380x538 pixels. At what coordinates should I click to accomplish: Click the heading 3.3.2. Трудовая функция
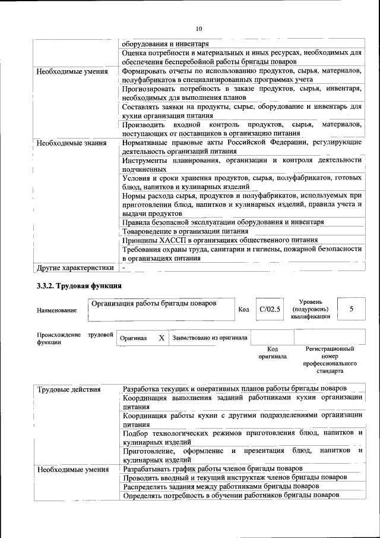pyautogui.click(x=80, y=286)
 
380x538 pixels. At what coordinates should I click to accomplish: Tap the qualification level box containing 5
pyautogui.click(x=351, y=309)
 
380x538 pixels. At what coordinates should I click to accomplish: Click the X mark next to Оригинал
pyautogui.click(x=161, y=338)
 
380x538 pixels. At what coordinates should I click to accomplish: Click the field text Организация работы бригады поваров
pyautogui.click(x=153, y=304)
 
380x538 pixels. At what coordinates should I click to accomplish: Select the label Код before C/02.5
pyautogui.click(x=243, y=310)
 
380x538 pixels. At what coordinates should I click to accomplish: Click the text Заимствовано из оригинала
pyautogui.click(x=210, y=338)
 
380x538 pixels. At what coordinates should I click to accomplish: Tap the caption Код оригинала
pyautogui.click(x=273, y=353)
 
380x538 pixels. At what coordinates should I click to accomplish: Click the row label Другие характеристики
pyautogui.click(x=74, y=269)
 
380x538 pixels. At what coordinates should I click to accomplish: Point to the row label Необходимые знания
pyautogui.click(x=71, y=143)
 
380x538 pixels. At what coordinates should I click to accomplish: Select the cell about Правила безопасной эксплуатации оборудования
pyautogui.click(x=223, y=222)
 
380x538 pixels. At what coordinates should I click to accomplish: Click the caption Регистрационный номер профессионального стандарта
pyautogui.click(x=330, y=360)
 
